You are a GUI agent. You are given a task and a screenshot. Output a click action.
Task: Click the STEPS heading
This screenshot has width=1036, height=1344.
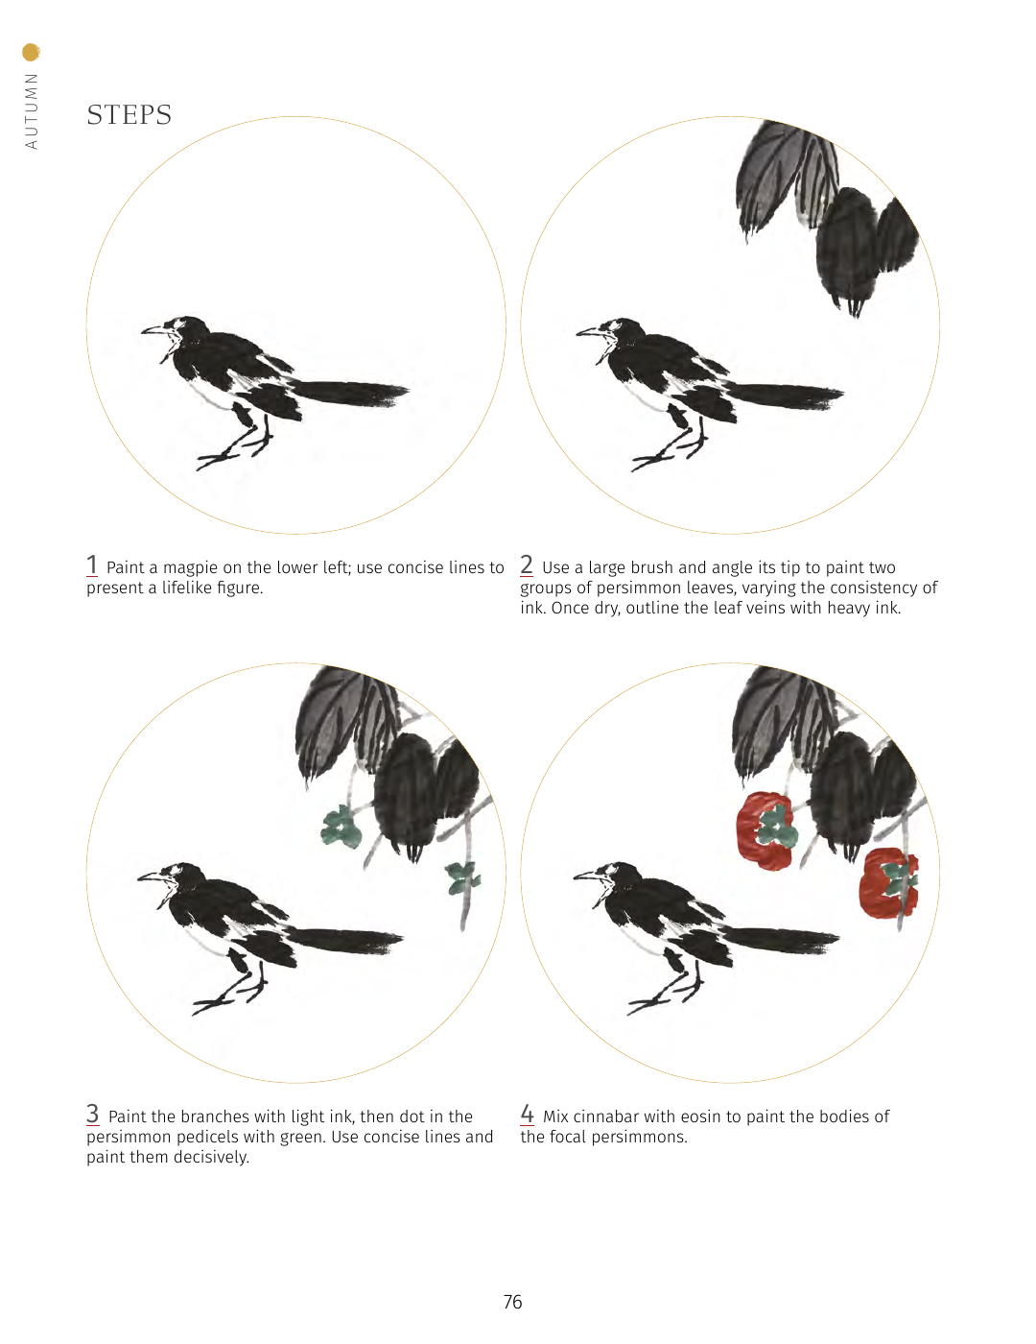129,115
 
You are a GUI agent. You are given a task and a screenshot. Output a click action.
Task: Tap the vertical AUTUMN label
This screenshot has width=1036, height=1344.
31,111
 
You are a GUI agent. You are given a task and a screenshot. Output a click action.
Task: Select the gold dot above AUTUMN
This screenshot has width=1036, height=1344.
31,53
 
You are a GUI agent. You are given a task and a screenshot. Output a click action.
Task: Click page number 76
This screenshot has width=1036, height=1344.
513,1303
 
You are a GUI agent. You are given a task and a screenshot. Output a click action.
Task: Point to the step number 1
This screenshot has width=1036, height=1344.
92,564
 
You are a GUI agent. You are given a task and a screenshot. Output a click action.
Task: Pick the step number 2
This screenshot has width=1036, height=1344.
527,564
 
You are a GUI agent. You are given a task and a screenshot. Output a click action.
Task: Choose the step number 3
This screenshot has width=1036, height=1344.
93,1114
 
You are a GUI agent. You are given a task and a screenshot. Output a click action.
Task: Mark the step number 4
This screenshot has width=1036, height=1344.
527,1114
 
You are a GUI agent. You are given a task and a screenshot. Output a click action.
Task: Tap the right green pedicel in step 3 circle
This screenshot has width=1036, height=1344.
462,877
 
